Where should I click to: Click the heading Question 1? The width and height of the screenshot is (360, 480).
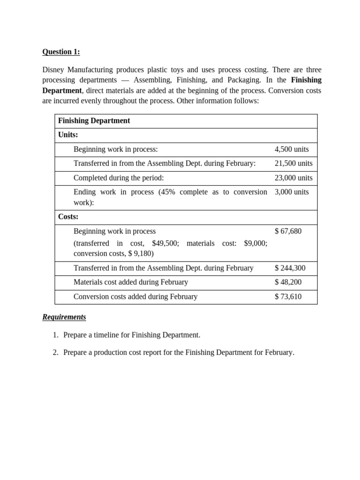coord(61,52)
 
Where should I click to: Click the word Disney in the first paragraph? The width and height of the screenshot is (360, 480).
coord(54,69)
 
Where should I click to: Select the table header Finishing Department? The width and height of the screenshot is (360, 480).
coord(94,121)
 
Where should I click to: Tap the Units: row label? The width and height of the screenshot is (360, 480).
coord(68,135)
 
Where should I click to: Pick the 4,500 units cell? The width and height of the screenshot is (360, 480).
coord(292,150)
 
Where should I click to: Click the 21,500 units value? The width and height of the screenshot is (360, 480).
coord(293,164)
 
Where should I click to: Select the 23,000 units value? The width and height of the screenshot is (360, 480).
coord(293,178)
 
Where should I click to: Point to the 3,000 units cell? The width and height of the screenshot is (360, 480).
coord(292,192)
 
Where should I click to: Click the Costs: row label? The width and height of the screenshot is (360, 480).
coord(68,217)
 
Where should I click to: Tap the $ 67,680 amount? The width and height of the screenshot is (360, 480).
coord(288,232)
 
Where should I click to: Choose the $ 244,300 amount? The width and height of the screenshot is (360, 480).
coord(290,268)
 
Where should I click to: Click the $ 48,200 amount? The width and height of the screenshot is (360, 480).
coord(288,282)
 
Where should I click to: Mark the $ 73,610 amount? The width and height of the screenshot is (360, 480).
coord(288,297)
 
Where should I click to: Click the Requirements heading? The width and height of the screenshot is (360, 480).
coord(64,317)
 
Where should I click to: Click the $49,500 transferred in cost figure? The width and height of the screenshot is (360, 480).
coord(165,243)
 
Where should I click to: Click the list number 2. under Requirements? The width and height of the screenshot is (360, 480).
coord(55,353)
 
